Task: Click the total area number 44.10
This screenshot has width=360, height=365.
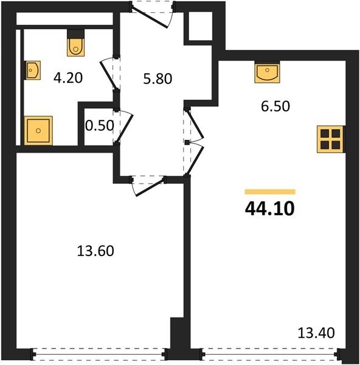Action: (x=270, y=209)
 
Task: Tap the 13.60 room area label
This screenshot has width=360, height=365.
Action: (x=95, y=251)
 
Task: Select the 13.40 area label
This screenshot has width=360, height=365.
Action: (x=316, y=333)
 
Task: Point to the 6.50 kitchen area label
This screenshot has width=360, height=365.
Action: (x=275, y=106)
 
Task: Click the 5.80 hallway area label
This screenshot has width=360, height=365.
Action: (x=157, y=78)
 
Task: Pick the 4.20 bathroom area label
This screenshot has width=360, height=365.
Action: (x=68, y=78)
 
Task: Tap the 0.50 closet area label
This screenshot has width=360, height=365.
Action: (x=99, y=126)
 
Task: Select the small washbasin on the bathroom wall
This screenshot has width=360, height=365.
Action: (x=32, y=70)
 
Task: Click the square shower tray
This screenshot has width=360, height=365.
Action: (x=38, y=131)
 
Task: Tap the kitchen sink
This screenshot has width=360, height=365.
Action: (x=267, y=72)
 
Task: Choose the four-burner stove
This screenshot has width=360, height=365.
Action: (x=330, y=139)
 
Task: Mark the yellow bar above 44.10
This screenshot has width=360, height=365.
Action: (x=270, y=192)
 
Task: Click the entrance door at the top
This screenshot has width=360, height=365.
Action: (x=150, y=17)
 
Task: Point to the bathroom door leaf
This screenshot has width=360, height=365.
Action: (x=108, y=74)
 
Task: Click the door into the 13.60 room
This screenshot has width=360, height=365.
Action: (x=149, y=187)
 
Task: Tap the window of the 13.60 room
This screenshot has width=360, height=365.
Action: (x=99, y=354)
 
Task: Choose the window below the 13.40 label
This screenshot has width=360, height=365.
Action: (x=270, y=354)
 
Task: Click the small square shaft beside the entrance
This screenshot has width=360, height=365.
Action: (x=200, y=26)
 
